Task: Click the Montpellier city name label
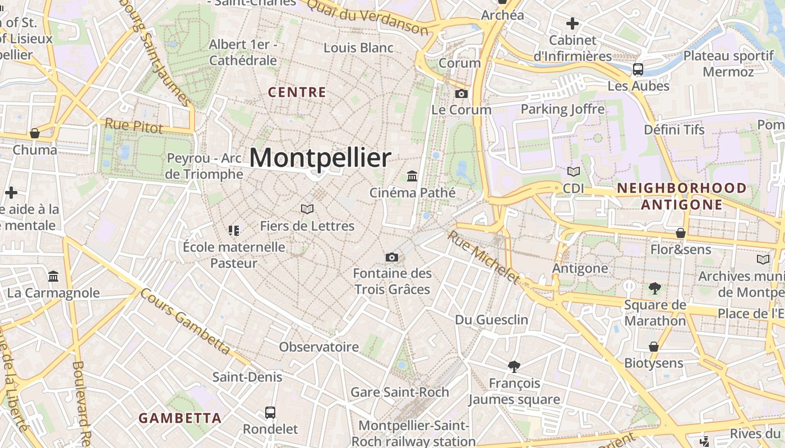[320, 158]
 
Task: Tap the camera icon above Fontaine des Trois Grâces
[392, 257]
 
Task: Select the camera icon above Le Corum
[461, 94]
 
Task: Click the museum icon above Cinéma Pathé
[413, 176]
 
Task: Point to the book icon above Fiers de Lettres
[307, 209]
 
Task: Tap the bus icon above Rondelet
[270, 413]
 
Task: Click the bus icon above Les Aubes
[638, 69]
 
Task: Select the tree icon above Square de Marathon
[654, 288]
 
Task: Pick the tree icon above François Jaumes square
[514, 367]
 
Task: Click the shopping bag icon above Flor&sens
[681, 233]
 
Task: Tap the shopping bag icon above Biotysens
[653, 347]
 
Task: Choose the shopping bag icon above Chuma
[35, 133]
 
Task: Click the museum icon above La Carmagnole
[53, 276]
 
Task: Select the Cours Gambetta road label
[185, 321]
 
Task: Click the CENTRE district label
[297, 92]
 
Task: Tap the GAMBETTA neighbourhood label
[180, 418]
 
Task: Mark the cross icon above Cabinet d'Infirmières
[572, 24]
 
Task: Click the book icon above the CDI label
[574, 172]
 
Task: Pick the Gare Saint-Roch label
[400, 392]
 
